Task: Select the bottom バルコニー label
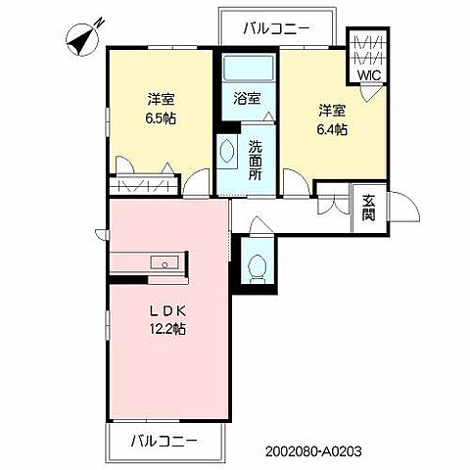click(164, 442)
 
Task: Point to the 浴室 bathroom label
click(247, 99)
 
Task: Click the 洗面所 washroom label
click(254, 161)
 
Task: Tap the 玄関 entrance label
click(368, 208)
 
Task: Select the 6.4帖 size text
click(330, 128)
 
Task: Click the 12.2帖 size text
click(168, 329)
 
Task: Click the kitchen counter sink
click(164, 262)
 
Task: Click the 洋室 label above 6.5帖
click(161, 100)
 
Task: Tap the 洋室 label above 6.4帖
click(330, 109)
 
